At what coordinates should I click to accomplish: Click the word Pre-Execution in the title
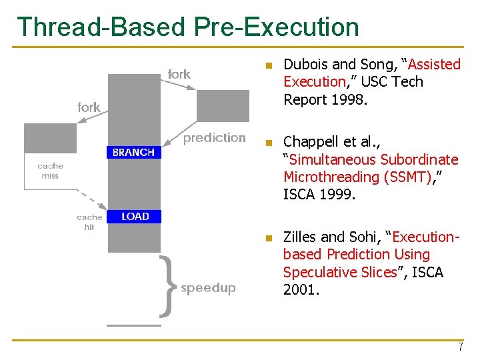click(x=277, y=27)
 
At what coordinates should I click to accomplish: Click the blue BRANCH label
click(x=133, y=153)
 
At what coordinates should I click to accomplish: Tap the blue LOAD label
click(x=135, y=216)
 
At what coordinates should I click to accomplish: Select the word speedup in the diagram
click(x=208, y=288)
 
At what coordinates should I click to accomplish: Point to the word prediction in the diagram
click(x=215, y=138)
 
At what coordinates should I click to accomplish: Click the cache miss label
click(x=50, y=171)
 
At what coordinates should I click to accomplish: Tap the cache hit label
click(x=89, y=222)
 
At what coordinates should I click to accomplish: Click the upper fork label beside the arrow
click(x=179, y=75)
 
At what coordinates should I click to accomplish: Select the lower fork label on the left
click(x=89, y=107)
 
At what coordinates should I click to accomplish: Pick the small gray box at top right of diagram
click(x=223, y=105)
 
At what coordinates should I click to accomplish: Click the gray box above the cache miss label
click(x=51, y=138)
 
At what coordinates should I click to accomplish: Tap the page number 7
click(x=460, y=347)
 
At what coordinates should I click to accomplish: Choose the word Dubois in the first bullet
click(x=306, y=65)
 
